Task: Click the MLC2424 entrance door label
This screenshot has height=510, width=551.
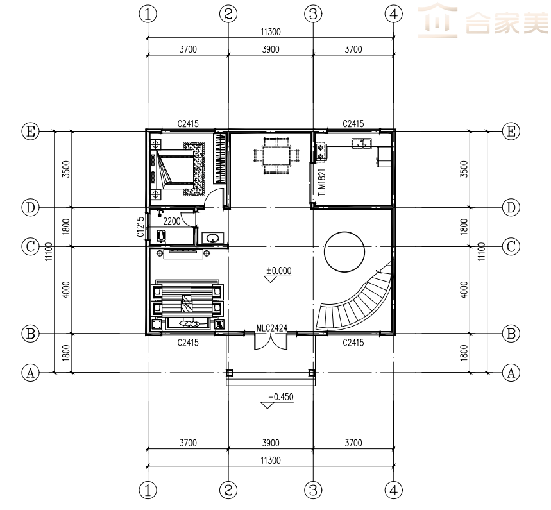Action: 271,328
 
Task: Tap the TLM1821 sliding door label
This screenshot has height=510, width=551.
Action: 321,182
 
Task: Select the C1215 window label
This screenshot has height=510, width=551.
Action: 140,226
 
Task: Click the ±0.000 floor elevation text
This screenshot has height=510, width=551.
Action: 278,271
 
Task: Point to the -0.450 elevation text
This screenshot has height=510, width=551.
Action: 281,397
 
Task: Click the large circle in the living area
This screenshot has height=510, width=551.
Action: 344,232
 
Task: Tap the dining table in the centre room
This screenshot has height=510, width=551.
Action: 276,156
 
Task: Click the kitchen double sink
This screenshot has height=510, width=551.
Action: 361,144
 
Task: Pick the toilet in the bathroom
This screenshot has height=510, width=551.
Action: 161,236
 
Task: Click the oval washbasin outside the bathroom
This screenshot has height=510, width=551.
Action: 212,239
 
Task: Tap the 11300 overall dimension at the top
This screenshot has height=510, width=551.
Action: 271,32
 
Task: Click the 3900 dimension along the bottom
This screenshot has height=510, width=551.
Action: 271,443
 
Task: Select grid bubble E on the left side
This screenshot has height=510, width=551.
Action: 31,132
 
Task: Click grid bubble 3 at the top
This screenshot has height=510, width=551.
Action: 313,14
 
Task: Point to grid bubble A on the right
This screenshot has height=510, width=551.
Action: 511,373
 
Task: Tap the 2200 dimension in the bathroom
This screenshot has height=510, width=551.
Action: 172,221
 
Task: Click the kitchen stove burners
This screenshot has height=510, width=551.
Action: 321,151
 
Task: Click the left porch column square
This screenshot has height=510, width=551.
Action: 230,373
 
